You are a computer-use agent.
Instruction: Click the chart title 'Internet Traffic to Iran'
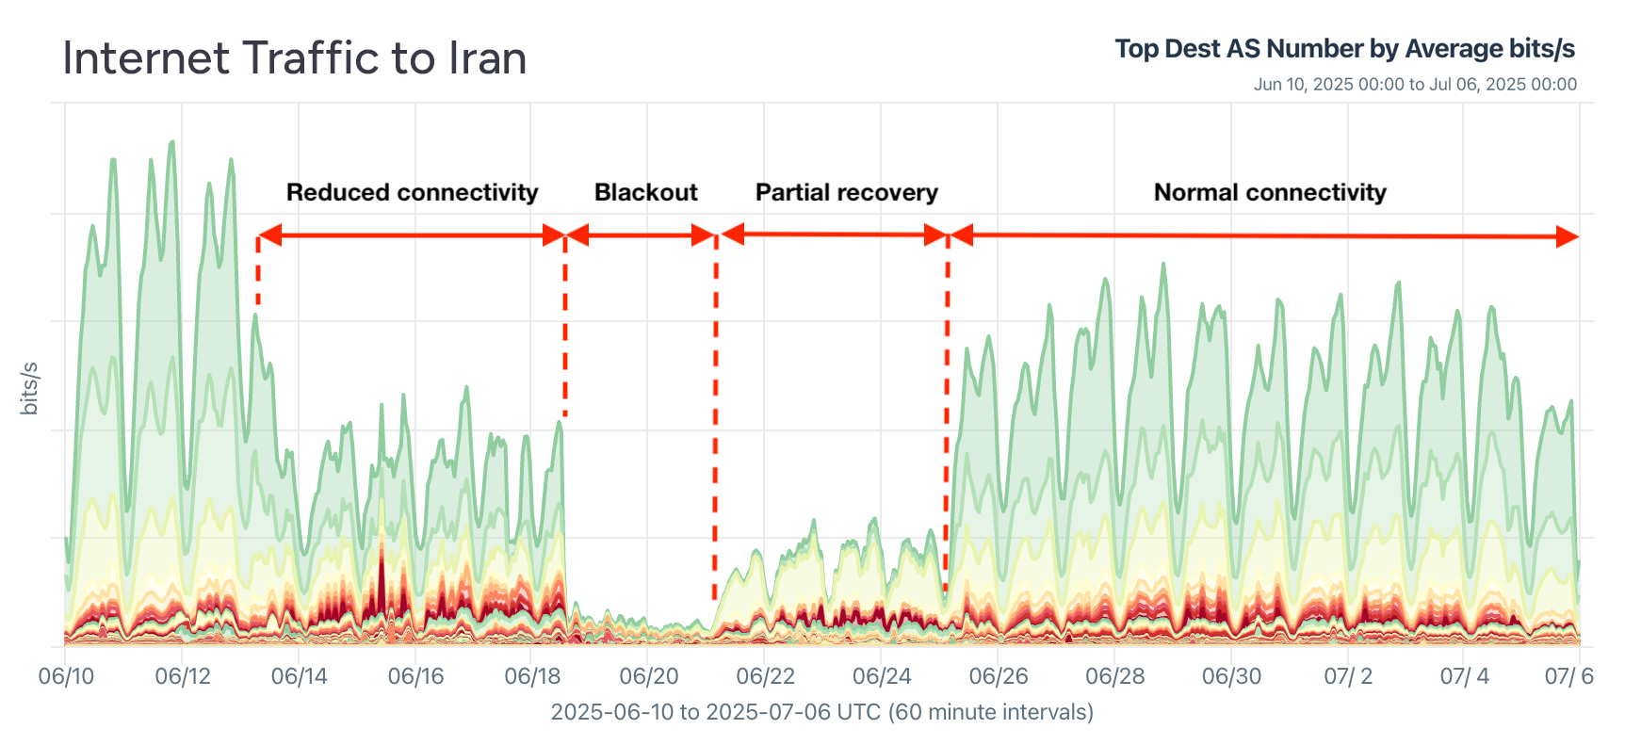(294, 58)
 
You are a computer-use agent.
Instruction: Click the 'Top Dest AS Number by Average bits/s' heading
(1344, 49)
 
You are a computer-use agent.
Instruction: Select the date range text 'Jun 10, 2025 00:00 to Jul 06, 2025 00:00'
(1414, 85)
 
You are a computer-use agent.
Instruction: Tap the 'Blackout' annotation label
(645, 192)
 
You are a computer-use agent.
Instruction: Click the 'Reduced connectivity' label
(412, 192)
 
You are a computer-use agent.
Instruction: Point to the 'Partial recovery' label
(846, 192)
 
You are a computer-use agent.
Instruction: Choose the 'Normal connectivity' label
(1269, 192)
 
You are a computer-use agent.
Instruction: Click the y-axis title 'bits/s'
(29, 387)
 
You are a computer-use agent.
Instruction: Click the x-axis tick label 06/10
(66, 676)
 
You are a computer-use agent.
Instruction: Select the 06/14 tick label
(299, 676)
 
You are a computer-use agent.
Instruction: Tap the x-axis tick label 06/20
(648, 676)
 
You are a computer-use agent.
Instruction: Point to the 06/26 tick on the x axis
(998, 676)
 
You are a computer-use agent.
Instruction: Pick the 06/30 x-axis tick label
(1230, 676)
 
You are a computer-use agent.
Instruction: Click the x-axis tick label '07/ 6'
(1568, 676)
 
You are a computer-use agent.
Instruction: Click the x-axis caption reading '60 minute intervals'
(989, 712)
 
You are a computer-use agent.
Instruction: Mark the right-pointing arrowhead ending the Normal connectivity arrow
(1567, 237)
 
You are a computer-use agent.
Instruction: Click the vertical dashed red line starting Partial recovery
(715, 414)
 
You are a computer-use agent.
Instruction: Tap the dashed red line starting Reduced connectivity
(257, 273)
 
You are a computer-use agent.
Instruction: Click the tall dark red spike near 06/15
(382, 565)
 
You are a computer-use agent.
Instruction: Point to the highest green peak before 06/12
(171, 144)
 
